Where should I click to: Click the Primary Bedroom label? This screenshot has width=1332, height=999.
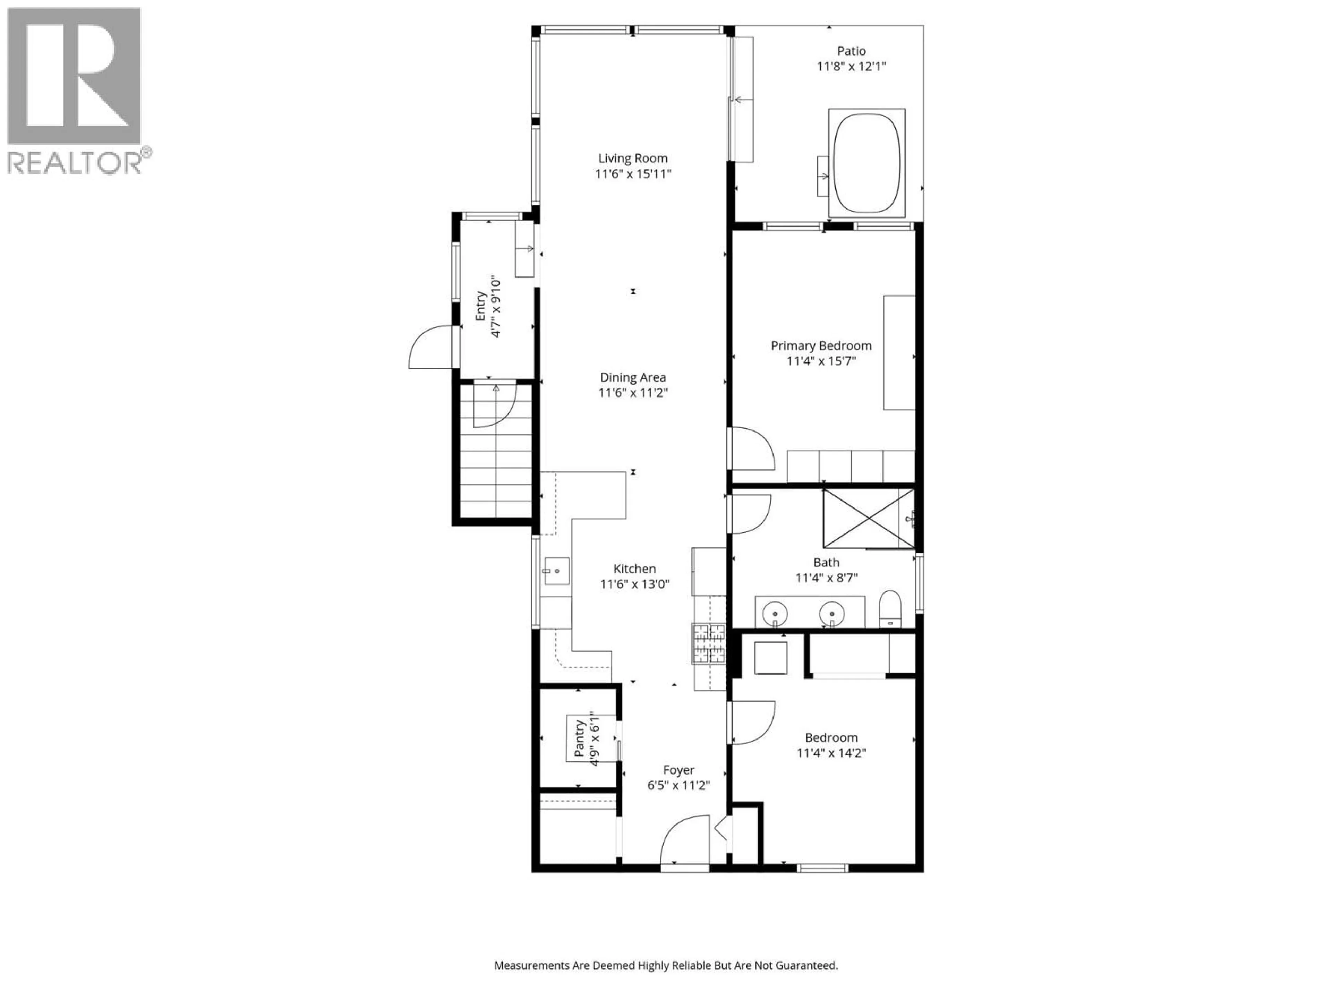tap(821, 345)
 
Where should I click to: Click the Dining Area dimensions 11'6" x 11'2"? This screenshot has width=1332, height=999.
tap(633, 393)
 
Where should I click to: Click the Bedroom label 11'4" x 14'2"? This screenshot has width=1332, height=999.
tap(831, 745)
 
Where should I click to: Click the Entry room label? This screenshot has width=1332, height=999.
tap(480, 307)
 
